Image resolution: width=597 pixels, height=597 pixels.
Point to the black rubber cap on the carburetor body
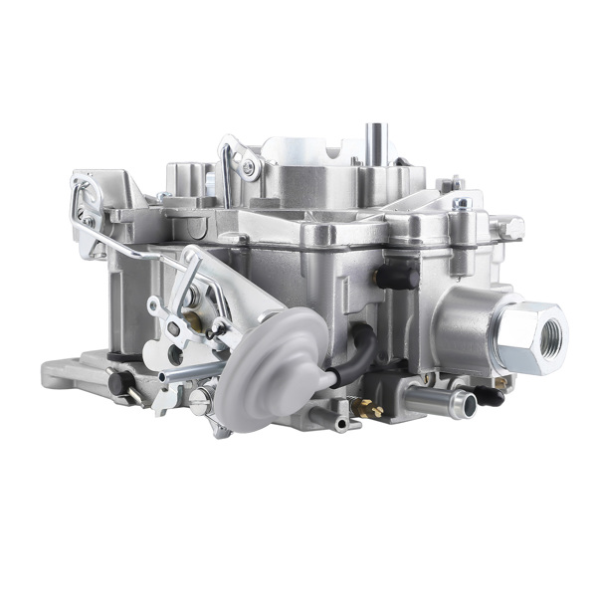[398, 276]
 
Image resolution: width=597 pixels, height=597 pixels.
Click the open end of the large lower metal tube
[461, 402]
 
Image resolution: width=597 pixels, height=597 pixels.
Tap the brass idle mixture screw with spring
[368, 407]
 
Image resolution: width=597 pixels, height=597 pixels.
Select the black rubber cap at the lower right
[488, 396]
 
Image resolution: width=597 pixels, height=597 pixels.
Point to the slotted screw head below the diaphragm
[201, 400]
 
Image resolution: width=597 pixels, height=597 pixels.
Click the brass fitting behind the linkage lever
[193, 320]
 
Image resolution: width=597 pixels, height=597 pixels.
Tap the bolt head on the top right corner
[461, 204]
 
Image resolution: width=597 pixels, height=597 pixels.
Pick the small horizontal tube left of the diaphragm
[189, 372]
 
